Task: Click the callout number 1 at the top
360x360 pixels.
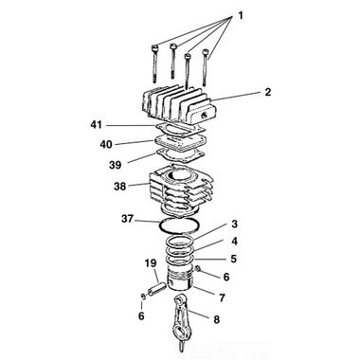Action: pos(241,15)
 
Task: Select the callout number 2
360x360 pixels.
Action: pos(268,92)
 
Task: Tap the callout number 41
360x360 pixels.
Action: pos(97,125)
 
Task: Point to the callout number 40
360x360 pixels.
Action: pos(106,145)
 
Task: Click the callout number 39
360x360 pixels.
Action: pos(116,165)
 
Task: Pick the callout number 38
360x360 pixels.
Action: pos(120,187)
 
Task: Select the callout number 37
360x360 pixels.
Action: pos(128,219)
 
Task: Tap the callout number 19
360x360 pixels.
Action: pos(151,263)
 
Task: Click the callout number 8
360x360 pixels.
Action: pos(216,319)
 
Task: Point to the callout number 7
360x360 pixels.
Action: pos(222,297)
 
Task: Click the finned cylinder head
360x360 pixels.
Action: pos(177,105)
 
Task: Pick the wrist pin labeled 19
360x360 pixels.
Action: pos(156,288)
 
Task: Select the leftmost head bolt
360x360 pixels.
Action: pos(155,63)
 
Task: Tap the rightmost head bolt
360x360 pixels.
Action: pos(206,67)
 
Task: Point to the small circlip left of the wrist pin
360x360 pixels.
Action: pos(143,297)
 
